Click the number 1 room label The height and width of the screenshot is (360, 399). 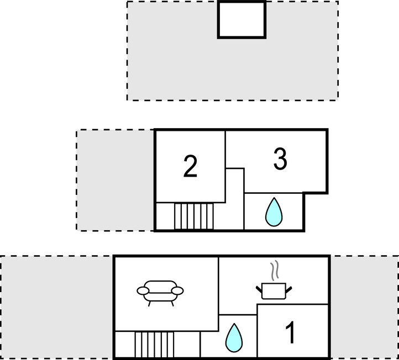[x=290, y=333]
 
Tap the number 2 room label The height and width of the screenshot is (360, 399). [x=190, y=166]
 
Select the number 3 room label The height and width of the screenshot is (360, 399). [x=280, y=160]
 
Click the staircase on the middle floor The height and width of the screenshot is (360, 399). [x=193, y=216]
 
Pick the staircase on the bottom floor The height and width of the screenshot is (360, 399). [x=154, y=345]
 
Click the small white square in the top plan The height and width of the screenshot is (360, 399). [x=241, y=19]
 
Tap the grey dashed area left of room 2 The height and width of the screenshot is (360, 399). [x=115, y=180]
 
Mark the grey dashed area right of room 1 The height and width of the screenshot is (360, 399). [x=364, y=307]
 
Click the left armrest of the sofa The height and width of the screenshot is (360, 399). [x=143, y=290]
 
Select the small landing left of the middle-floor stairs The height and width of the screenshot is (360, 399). [x=165, y=216]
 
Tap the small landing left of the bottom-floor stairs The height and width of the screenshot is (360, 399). [x=124, y=345]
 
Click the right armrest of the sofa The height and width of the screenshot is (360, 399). [x=178, y=290]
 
